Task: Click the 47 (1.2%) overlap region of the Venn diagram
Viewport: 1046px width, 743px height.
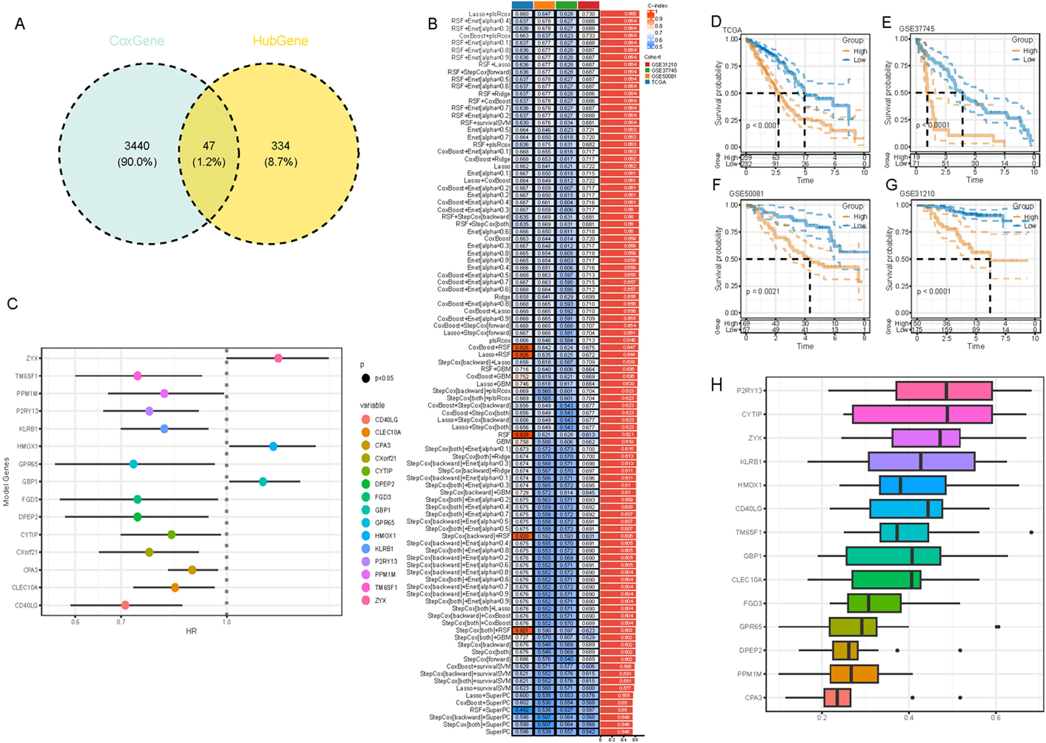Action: (x=209, y=154)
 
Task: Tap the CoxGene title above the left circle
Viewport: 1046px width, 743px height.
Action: (x=136, y=41)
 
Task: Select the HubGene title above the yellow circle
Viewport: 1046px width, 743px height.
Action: (x=280, y=41)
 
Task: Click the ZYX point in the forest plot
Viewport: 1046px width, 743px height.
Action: (x=278, y=358)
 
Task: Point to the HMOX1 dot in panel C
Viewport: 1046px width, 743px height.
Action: (x=273, y=446)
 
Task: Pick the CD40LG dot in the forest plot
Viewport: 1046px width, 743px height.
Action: (x=125, y=605)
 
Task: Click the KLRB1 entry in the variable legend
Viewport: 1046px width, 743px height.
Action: (x=384, y=549)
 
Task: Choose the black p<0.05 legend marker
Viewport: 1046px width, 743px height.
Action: (x=365, y=378)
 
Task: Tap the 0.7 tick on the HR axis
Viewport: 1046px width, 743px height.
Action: (x=121, y=622)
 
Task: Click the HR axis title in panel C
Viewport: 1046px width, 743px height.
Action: (x=191, y=631)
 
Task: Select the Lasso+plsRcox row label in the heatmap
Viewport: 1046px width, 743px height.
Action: (x=489, y=14)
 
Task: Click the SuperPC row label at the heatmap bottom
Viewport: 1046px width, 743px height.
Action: (x=498, y=732)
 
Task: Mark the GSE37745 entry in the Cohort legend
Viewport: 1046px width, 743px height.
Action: (x=663, y=71)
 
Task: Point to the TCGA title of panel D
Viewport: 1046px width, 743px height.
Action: (x=732, y=30)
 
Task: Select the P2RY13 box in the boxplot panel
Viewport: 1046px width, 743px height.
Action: (x=944, y=391)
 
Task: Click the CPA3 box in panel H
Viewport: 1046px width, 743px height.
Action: (x=837, y=697)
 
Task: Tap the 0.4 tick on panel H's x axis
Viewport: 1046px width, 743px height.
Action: (x=909, y=718)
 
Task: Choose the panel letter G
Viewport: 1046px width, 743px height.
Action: (x=892, y=185)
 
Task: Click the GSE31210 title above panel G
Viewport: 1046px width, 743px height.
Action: (x=917, y=194)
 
